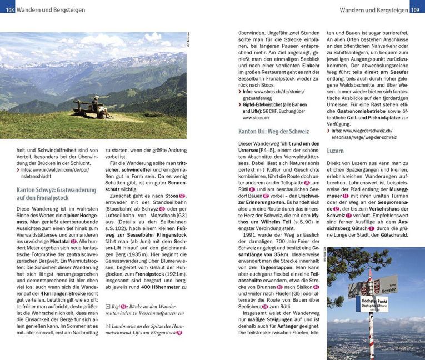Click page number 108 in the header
(x=8, y=9)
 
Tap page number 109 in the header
(x=417, y=9)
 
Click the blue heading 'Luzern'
(x=336, y=151)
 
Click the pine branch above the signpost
(x=356, y=261)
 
